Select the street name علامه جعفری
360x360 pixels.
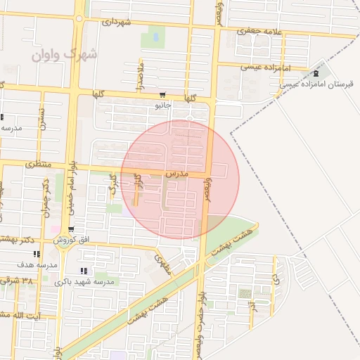point(259,31)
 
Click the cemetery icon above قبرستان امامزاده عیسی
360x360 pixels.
point(315,73)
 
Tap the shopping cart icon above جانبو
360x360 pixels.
point(163,96)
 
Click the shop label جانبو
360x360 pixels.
point(163,106)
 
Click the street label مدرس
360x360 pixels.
point(176,172)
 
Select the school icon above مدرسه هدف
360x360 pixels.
point(37,255)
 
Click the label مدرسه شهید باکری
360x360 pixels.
point(89,281)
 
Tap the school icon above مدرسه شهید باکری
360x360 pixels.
point(84,271)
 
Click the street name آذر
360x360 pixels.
point(252,306)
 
